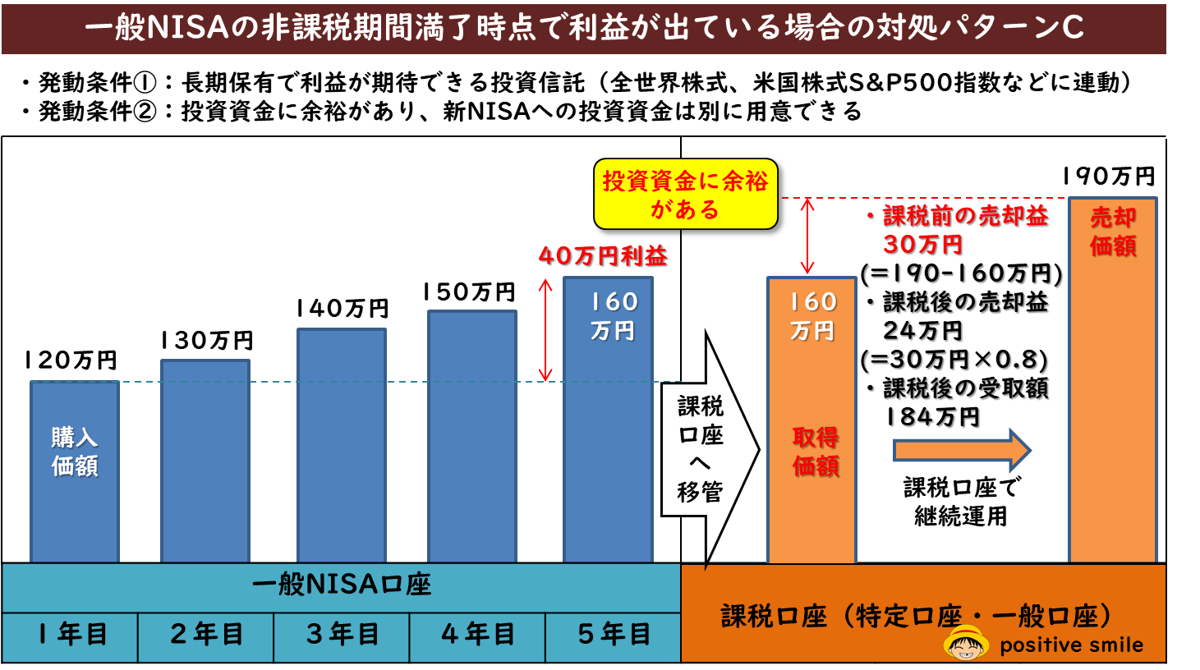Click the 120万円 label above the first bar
[71, 360]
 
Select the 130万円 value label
[206, 341]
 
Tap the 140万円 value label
[342, 309]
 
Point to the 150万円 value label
[469, 292]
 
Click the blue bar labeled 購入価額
[75, 471]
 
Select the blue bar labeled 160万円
[608, 419]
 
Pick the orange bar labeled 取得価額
[811, 419]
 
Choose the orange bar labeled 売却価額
[1113, 378]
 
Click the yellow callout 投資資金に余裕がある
[685, 195]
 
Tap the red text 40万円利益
[603, 256]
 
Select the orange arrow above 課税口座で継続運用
[961, 450]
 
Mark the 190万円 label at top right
[1108, 177]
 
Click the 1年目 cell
[71, 635]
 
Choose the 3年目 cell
[342, 635]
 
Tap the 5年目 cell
[614, 635]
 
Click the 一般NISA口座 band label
[342, 585]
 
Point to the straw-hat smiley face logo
[967, 643]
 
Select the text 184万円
[932, 417]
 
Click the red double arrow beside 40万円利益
[545, 330]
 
